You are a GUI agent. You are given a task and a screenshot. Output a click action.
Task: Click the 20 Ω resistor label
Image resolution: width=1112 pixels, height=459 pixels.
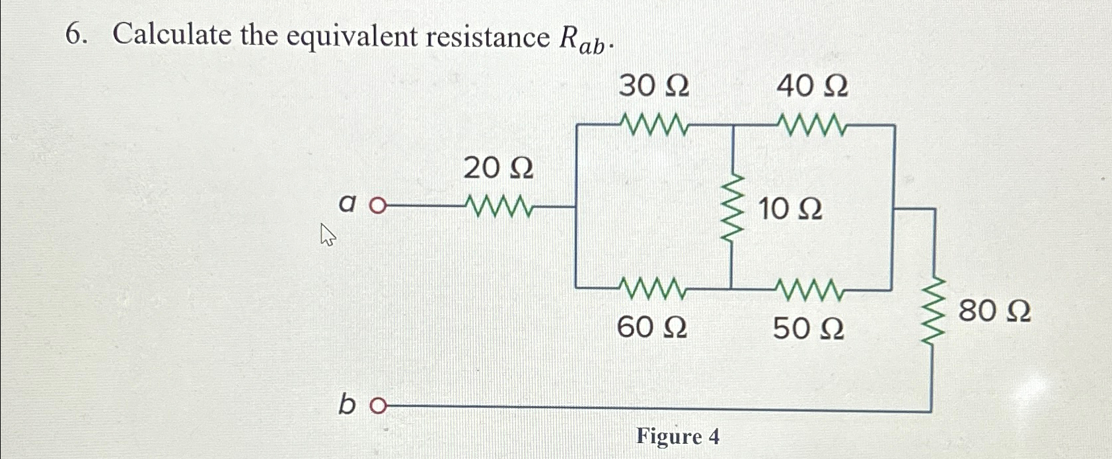[x=498, y=169]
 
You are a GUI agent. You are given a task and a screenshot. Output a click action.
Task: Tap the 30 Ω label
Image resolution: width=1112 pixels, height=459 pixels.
[x=653, y=86]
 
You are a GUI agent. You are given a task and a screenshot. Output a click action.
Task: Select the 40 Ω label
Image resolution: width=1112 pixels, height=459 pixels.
[x=812, y=86]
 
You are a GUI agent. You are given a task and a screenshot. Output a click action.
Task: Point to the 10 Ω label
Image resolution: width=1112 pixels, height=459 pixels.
[x=790, y=210]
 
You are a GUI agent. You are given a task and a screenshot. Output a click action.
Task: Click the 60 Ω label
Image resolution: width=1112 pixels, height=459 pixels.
[x=651, y=327]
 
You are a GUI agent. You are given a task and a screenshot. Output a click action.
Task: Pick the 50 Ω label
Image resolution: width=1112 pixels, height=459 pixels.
[x=808, y=328]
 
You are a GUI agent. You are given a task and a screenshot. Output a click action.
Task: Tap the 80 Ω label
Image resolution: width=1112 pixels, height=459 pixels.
[x=994, y=311]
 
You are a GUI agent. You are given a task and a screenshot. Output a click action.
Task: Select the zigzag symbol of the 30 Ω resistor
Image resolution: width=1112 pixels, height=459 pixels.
[x=654, y=124]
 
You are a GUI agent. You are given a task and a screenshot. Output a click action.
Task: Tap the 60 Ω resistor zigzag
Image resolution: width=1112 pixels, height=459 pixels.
[x=653, y=289]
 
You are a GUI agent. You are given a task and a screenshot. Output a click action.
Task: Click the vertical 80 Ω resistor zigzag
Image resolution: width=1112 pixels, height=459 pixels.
[x=932, y=311]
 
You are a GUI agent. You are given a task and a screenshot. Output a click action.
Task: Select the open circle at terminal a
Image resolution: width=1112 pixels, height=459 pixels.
[x=377, y=206]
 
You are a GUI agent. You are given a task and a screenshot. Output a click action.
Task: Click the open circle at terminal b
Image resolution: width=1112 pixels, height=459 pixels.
[x=377, y=405]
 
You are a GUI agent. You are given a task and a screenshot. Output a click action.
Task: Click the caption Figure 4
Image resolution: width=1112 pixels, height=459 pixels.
[x=677, y=437]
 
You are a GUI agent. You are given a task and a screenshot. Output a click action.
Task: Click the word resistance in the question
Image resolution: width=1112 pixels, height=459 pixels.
[x=487, y=37]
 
